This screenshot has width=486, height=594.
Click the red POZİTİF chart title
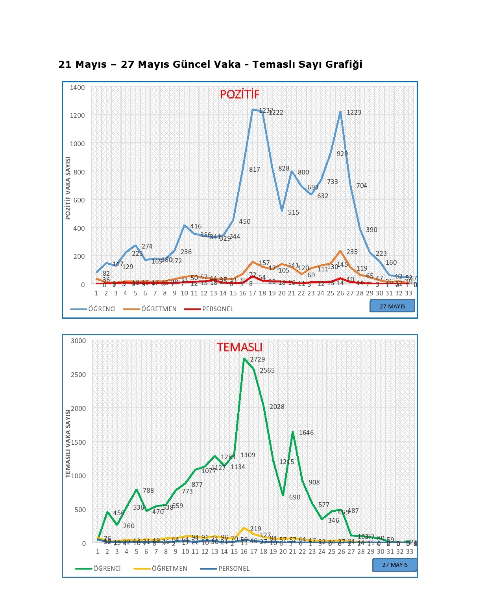coord(240,95)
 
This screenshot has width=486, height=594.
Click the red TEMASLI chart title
coord(239,347)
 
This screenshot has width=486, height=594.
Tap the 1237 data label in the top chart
coord(266,111)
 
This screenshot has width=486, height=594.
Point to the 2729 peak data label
coord(257,359)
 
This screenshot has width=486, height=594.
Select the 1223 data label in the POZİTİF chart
coord(354,112)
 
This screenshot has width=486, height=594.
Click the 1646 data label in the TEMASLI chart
coord(306,433)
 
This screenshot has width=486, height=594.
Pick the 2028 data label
coord(277,407)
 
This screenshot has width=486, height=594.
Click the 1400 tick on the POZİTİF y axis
coord(77,87)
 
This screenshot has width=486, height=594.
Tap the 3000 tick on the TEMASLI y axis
coord(78,341)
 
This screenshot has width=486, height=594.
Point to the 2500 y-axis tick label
coord(78,375)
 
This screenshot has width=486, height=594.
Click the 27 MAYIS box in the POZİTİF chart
coord(392,306)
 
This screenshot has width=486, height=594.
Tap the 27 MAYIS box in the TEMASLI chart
coord(395,565)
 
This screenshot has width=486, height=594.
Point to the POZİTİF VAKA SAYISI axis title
coord(68,188)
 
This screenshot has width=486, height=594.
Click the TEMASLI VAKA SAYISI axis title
coord(68,444)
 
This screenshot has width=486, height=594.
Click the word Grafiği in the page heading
coord(344,64)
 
